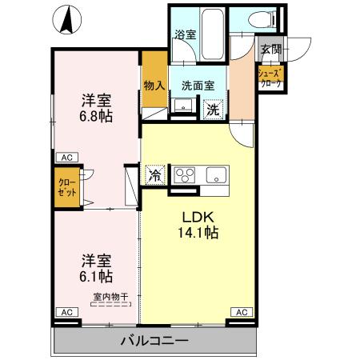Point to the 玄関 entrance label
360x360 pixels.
point(270,50)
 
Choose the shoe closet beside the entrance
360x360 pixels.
point(268,78)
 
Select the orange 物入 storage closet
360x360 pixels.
point(154,84)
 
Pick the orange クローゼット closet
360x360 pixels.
point(67,187)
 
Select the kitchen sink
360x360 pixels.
point(216,174)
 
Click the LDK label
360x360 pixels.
point(197,216)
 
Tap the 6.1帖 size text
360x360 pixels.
point(94,277)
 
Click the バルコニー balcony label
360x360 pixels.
point(154,341)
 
